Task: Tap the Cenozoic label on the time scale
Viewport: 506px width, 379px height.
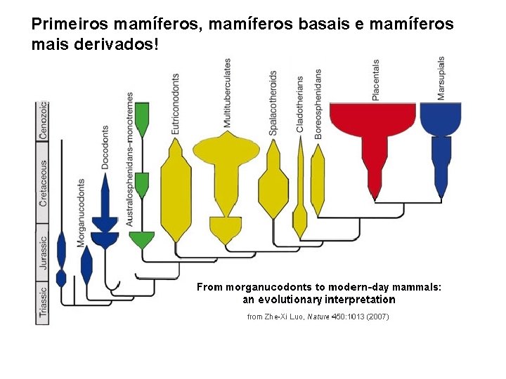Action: tap(44, 121)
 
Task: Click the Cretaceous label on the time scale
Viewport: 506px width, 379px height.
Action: tap(44, 184)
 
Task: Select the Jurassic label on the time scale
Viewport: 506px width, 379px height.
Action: tap(44, 253)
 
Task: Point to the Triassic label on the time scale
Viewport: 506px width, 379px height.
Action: tap(44, 302)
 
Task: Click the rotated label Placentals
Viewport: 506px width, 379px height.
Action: tap(376, 79)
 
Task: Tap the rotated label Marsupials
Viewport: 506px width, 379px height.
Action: tap(441, 78)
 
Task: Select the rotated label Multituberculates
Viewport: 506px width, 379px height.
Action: tap(227, 93)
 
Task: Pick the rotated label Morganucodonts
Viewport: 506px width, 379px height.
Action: tap(81, 211)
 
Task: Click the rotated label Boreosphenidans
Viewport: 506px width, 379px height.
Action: tap(318, 103)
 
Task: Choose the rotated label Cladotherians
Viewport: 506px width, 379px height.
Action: tap(300, 104)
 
